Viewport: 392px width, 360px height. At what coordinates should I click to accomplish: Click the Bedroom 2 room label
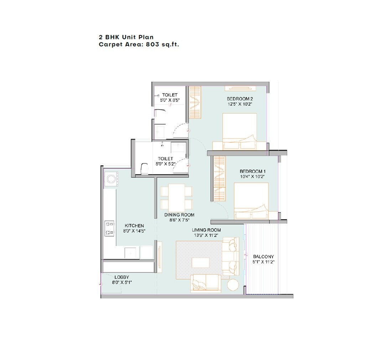point(240,99)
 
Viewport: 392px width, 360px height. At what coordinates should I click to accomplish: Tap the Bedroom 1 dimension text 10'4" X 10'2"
point(252,176)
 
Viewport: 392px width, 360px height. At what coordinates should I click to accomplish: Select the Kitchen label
point(134,226)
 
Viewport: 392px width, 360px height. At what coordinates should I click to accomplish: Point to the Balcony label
point(263,257)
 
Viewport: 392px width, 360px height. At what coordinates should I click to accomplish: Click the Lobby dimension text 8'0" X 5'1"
point(122,282)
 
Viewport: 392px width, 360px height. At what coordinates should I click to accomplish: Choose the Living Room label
point(207,230)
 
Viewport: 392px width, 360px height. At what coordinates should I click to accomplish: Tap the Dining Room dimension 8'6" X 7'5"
point(179,220)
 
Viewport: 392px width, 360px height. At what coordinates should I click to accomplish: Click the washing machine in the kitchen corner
point(111,178)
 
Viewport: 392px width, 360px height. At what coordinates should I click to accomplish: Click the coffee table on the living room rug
point(200,262)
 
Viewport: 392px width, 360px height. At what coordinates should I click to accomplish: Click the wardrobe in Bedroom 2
point(194,103)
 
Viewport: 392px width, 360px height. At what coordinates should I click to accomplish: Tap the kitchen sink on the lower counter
point(130,252)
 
